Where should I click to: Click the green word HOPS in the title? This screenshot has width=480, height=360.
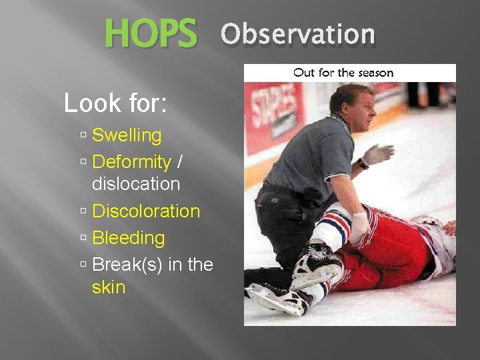(151, 34)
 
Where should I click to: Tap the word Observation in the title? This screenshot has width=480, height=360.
(298, 34)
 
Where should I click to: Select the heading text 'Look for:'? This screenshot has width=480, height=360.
(115, 103)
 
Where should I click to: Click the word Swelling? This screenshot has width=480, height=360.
(127, 135)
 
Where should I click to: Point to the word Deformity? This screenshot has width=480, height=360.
(131, 162)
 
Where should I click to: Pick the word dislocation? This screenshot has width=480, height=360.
(136, 184)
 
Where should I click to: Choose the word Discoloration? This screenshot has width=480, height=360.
(146, 211)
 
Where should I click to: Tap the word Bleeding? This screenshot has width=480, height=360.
(128, 238)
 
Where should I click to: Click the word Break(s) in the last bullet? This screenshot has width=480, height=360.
(129, 265)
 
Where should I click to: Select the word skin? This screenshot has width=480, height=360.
(109, 287)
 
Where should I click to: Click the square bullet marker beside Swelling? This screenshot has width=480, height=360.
(83, 136)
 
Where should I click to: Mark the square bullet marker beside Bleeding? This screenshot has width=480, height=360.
(83, 239)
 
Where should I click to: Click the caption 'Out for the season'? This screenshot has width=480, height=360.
(343, 72)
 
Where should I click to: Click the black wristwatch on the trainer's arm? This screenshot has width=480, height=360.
(363, 163)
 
